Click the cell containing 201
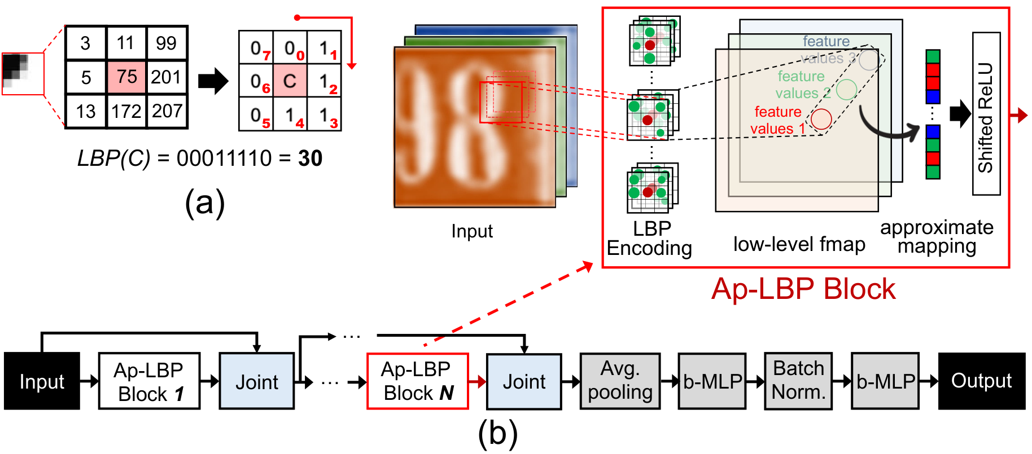coord(167,77)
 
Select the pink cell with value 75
coord(127,77)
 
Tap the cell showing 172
coord(127,111)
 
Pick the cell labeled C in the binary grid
coord(290,81)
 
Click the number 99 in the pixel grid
coord(166,43)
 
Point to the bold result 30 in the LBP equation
coord(311,158)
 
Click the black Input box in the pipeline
coord(42,381)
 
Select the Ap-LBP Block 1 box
coord(150,381)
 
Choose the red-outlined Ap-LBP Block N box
coord(418,381)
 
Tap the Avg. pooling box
coord(620,381)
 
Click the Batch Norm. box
coord(799,381)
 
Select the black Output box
coord(982,381)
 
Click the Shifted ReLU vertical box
coord(986,114)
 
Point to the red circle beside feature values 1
coord(821,119)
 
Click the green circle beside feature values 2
coord(846,89)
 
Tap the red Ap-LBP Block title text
coord(803,289)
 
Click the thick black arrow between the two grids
coord(213,81)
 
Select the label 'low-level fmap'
coord(799,244)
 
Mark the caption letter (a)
coord(205,202)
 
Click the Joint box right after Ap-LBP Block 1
coord(257,381)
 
